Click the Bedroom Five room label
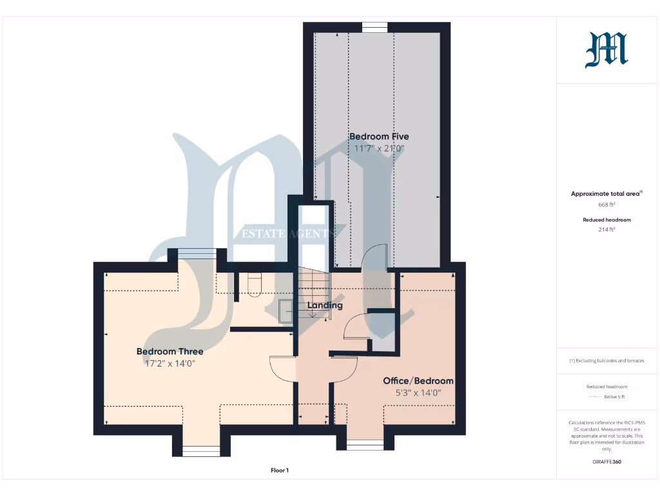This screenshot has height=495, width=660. coord(379,137)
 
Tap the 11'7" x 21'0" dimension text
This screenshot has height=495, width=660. coord(379,148)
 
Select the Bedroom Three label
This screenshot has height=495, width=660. coord(170,351)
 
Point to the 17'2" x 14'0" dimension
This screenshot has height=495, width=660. coord(170,364)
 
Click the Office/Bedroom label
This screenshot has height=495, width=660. coord(418,381)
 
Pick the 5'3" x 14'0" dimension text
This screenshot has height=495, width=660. coord(418,393)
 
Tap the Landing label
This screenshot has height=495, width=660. coord(325,306)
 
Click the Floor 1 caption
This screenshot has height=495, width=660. coord(279,471)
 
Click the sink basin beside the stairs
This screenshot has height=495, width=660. coord(286,311)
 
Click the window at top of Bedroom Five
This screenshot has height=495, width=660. coord(374,27)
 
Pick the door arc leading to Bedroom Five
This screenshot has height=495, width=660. coord(374,257)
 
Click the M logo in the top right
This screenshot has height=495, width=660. coord(606,50)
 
